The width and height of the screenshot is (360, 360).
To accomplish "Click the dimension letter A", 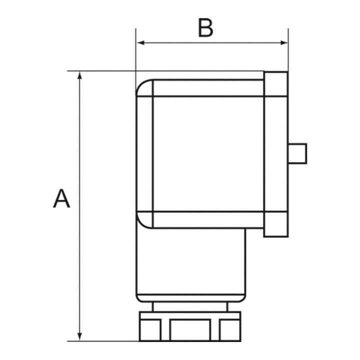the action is click(61, 198).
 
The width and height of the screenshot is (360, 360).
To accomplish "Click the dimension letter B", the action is click(205, 27).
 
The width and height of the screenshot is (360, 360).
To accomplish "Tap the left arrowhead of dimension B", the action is click(140, 42).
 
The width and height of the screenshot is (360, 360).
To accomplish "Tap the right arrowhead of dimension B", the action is click(284, 42).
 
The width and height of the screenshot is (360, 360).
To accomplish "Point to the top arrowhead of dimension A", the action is click(79, 75).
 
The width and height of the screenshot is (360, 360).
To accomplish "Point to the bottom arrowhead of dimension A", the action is click(79, 336).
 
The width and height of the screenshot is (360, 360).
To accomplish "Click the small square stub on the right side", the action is click(297, 153).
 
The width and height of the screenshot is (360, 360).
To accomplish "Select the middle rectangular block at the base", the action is click(190, 329).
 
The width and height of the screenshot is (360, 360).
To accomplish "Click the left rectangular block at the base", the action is click(150, 329).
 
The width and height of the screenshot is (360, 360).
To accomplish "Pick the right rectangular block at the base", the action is click(230, 329).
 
